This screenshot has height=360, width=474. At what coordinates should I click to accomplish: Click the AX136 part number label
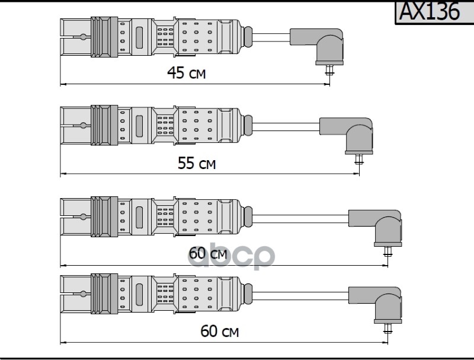pos(430,11)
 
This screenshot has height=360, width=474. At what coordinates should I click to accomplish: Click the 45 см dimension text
pos(186,73)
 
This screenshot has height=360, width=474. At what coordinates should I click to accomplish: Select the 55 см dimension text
pos(197,163)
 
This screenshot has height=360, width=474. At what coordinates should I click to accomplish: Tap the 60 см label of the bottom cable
pos(219,332)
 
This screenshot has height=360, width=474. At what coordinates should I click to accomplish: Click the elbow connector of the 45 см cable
pos(321,46)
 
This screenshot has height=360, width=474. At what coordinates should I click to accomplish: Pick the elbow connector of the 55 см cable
pos(351,135)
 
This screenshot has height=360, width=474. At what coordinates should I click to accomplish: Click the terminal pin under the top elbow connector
pos(329,70)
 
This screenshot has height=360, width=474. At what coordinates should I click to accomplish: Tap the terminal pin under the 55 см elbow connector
pos(359,160)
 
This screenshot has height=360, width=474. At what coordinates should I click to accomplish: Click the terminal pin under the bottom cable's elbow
pos(388,329)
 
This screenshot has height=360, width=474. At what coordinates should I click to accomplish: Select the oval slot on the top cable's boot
pos(139,37)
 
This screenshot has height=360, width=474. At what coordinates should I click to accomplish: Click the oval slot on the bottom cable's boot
pos(139,294)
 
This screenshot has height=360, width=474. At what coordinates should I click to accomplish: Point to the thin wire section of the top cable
pos(271,37)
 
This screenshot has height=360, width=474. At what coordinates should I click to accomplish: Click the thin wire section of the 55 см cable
pos(286,127)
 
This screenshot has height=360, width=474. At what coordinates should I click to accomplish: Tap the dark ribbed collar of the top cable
pos(104,37)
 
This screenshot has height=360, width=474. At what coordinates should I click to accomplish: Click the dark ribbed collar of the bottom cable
pos(104,294)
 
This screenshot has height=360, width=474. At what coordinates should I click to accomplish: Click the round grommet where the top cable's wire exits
pos(248,37)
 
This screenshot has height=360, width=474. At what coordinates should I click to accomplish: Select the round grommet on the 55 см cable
pos(248,126)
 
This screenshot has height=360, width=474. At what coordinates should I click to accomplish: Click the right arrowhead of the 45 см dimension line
pos(327,84)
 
